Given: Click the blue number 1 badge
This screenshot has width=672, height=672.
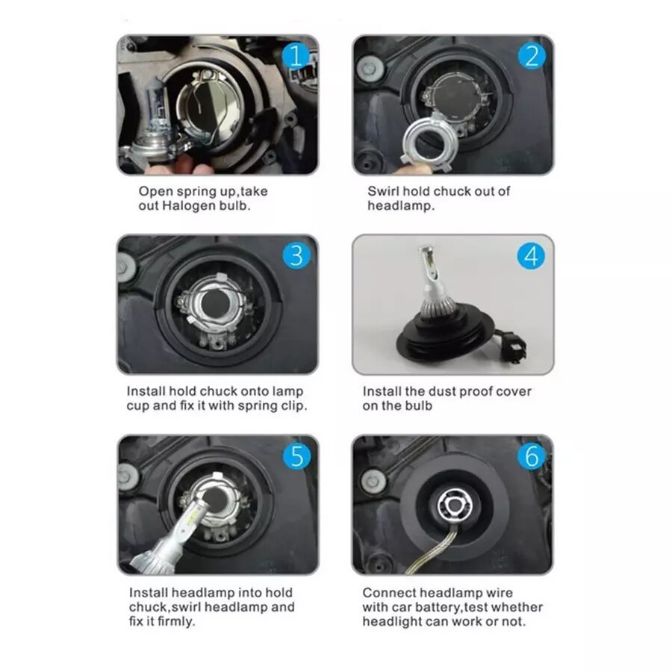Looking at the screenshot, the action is [296, 56].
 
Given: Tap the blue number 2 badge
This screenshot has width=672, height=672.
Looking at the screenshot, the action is [532, 56].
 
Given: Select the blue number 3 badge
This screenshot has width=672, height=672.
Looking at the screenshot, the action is [296, 256].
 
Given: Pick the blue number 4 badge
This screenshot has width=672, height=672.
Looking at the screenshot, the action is [532, 256].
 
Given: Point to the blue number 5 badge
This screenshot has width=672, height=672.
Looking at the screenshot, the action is [296, 456].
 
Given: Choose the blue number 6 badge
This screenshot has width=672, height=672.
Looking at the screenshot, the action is [532, 456].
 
